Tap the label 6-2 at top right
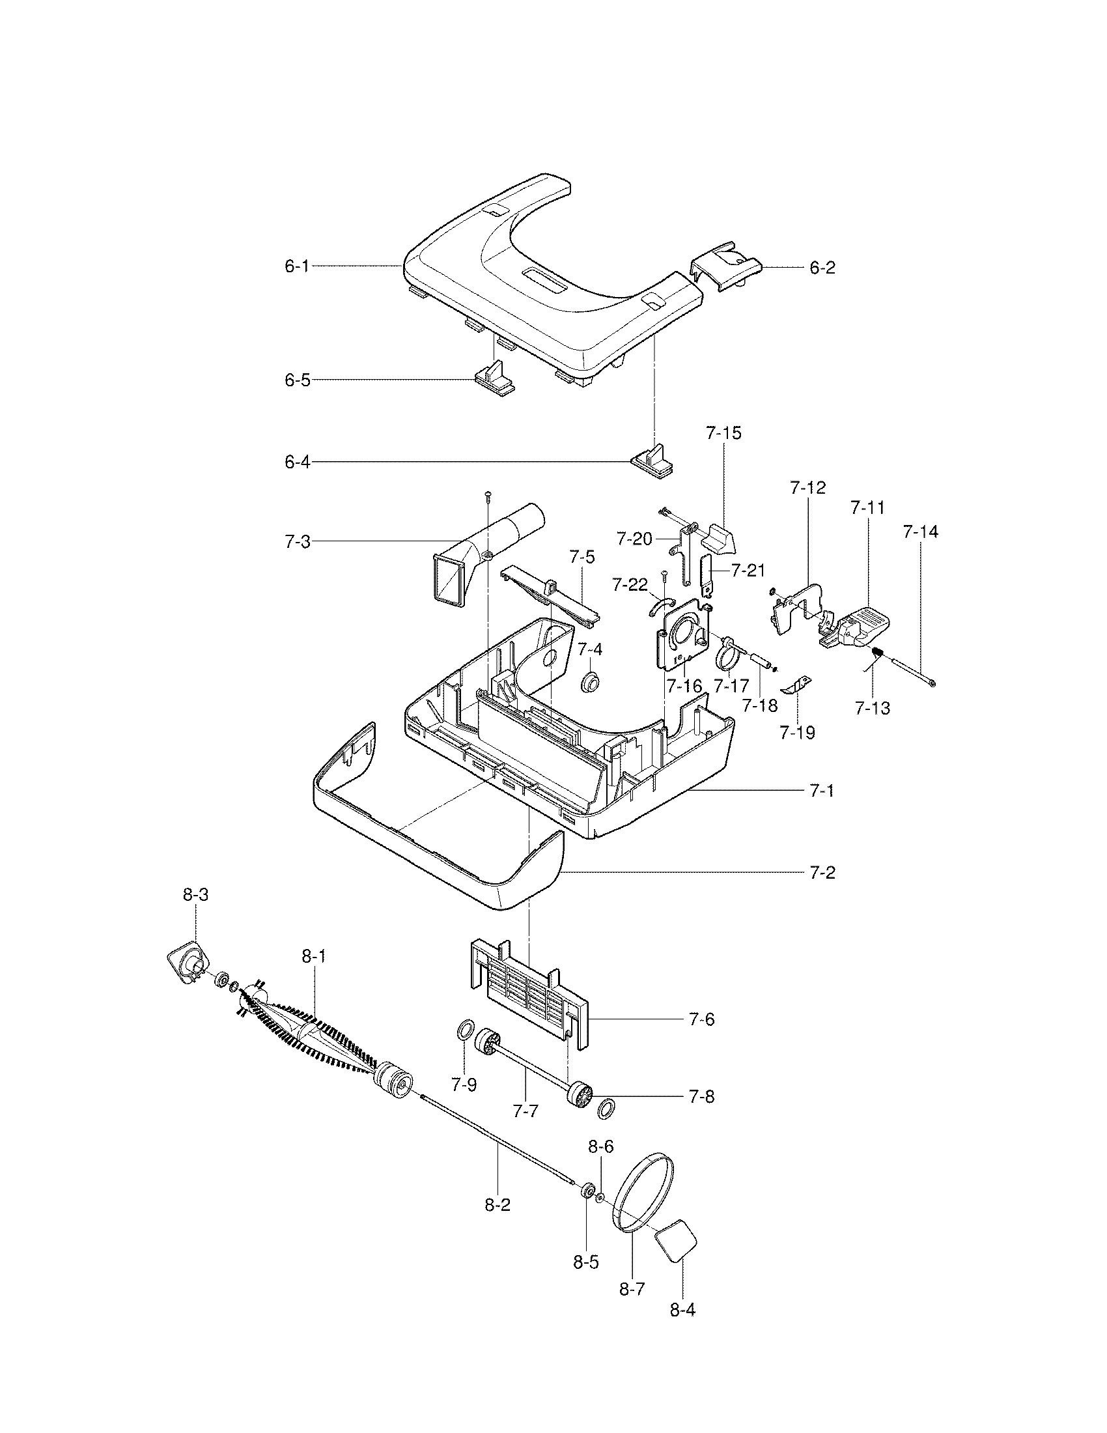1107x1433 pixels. pos(822,268)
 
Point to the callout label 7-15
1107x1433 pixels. pos(723,433)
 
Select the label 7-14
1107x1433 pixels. pos(920,532)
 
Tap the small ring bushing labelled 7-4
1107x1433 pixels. pos(591,682)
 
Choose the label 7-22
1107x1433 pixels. pos(630,584)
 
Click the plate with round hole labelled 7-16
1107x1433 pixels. pos(683,636)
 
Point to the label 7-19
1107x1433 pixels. pos(797,732)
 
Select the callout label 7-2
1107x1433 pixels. pos(822,873)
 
